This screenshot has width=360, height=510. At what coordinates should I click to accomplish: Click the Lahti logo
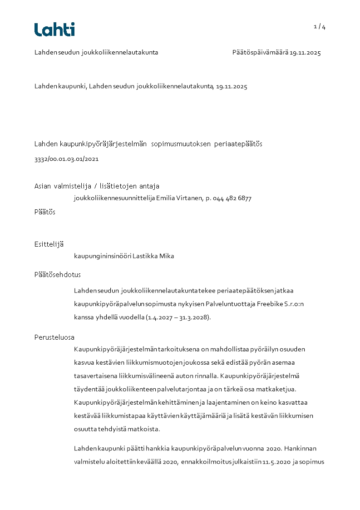(x=54, y=30)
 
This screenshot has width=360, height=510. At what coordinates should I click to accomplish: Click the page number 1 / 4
(x=320, y=27)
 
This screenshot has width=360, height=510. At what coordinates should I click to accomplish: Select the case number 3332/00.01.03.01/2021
(x=66, y=159)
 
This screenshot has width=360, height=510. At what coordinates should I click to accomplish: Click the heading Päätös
(x=45, y=212)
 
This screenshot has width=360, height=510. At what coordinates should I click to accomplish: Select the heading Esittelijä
(x=49, y=244)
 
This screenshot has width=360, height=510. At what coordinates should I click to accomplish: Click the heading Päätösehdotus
(x=58, y=275)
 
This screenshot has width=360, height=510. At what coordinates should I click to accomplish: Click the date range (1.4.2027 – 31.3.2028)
(x=178, y=317)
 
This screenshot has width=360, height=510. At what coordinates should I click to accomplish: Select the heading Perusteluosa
(x=54, y=337)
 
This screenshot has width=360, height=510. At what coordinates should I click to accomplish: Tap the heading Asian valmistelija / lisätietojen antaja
(x=97, y=186)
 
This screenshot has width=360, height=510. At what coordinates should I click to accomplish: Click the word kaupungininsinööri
(x=103, y=256)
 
